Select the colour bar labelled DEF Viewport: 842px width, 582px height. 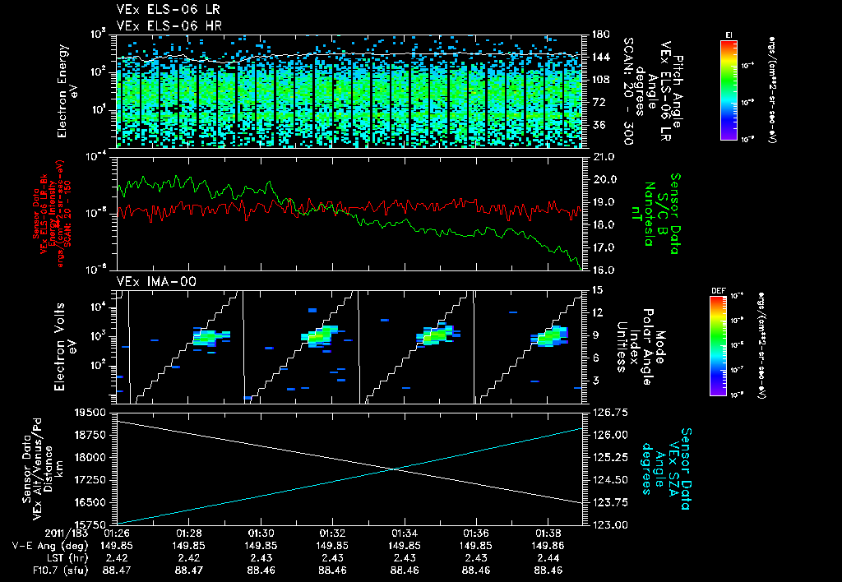(x=717, y=345)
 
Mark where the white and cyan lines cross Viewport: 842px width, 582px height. (x=396, y=469)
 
